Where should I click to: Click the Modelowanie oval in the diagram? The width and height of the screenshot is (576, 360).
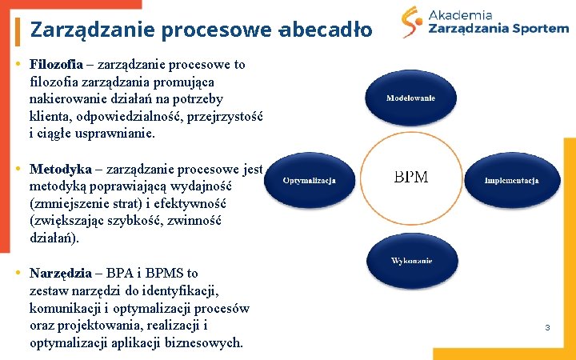pos(410,98)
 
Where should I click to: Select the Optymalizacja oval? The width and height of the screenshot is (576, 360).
pos(309,180)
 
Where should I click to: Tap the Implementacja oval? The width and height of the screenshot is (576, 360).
pos(512,180)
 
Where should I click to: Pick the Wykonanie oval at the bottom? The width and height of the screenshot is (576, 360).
pos(411,261)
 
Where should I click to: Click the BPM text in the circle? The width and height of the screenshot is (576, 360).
pos(410,177)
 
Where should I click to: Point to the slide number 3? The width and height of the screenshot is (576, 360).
pos(547,327)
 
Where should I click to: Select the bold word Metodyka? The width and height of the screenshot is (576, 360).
pos(61,169)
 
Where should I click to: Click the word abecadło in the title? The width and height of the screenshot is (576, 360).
pos(329,30)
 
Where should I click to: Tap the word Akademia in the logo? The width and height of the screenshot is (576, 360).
pos(460,14)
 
